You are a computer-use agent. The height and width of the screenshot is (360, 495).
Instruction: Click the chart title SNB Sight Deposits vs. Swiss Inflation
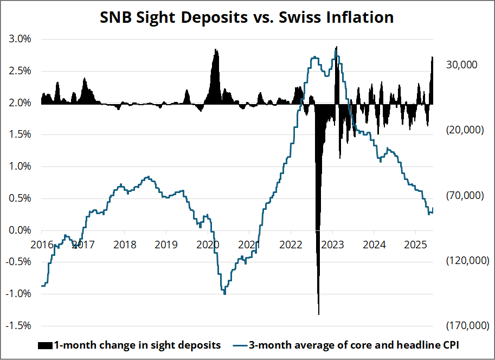247,17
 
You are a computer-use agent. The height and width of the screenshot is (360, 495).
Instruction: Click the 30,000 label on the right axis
461,65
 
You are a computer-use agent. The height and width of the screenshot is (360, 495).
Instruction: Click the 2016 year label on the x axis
42,244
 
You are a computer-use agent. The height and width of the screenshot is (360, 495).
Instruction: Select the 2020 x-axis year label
208,244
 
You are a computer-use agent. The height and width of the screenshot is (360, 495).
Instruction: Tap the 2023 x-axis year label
332,244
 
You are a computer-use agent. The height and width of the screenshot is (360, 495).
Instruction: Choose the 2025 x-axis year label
414,244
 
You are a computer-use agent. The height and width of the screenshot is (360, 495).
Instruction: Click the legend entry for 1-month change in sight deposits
130,345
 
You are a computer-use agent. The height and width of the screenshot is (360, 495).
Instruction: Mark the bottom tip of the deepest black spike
318,314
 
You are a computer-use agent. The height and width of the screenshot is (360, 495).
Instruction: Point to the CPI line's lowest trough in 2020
224,294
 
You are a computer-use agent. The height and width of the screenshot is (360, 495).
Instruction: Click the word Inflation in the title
358,17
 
